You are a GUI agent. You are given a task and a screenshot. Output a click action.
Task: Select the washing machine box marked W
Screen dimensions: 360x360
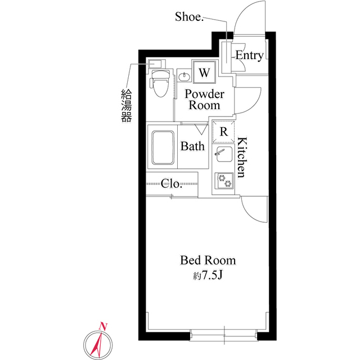(204, 72)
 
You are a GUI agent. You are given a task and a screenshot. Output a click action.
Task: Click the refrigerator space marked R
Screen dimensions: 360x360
(223, 132)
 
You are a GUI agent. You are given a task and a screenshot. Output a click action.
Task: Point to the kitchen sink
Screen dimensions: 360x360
(223, 155)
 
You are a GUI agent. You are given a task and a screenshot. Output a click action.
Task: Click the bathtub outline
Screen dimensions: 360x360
(163, 147)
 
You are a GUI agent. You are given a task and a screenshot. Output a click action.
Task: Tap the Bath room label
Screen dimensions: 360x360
(192, 146)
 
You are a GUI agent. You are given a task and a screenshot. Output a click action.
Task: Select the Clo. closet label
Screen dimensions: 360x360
(172, 183)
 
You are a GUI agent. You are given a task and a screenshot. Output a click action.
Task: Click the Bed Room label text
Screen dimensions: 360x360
(208, 260)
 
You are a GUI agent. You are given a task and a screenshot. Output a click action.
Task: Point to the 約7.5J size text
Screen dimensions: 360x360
(208, 276)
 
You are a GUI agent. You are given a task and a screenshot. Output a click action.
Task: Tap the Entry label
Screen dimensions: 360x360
(250, 56)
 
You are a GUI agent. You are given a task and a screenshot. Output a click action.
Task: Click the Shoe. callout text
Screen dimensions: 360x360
(189, 17)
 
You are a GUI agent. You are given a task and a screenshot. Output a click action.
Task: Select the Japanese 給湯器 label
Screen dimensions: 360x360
(127, 106)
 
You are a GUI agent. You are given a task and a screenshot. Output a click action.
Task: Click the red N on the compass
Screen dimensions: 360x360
(103, 326)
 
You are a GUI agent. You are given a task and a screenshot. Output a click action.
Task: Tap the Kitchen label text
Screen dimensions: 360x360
(242, 157)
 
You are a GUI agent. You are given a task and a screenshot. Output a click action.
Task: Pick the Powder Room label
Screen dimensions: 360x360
(204, 100)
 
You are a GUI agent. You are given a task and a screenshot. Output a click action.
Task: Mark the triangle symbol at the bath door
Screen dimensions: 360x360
(201, 129)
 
